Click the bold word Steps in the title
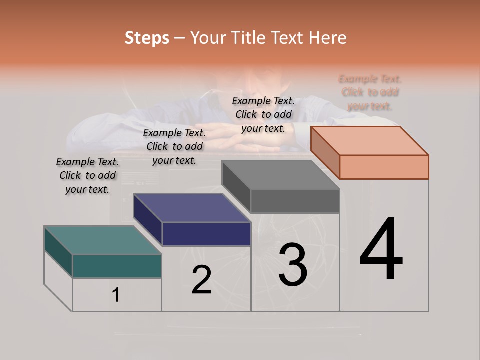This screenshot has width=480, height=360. pos(147,38)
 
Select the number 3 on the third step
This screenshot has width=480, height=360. pos(293,264)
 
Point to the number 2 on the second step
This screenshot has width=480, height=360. pos(201,280)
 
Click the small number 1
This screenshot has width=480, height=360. pos(116,295)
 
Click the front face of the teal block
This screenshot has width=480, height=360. pos(117,266)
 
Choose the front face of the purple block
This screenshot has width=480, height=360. pos(206,234)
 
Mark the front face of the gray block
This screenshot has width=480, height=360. pos(295,201)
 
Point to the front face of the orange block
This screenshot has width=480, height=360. pos(384,167)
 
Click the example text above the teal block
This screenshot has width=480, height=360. pos(87,175)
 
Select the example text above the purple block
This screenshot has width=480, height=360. pos(174,146)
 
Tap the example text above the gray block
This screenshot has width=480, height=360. pos(263,114)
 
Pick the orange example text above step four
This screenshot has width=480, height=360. pos(370,92)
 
